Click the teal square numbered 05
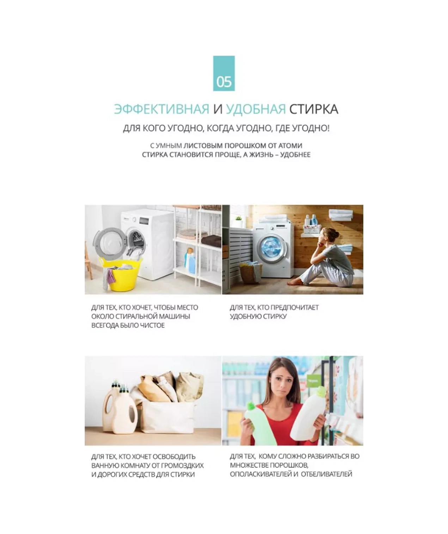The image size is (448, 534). (223, 73)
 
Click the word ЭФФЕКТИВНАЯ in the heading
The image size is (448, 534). (162, 109)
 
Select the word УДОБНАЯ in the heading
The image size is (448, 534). (256, 109)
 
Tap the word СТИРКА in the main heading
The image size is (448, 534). (313, 109)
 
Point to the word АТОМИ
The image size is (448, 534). (290, 145)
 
